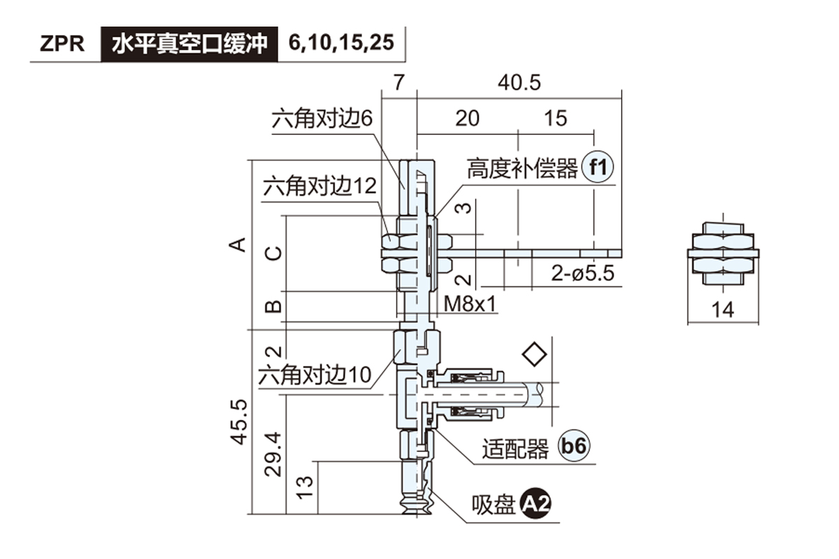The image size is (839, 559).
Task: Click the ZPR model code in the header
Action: point(62,44)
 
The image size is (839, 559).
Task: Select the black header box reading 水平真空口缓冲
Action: point(189,44)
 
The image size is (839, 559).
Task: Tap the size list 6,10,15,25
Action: point(341,44)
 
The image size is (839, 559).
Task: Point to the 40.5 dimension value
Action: point(519,82)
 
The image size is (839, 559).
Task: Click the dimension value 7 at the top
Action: point(398,82)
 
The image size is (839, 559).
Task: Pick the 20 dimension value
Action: point(467,118)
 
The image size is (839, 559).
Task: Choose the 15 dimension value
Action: point(555,118)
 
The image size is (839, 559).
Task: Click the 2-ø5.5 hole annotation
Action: point(582,273)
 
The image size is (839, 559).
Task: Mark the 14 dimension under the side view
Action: point(722,310)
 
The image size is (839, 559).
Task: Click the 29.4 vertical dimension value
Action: point(274,453)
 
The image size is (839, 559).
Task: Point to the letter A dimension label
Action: point(239,244)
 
